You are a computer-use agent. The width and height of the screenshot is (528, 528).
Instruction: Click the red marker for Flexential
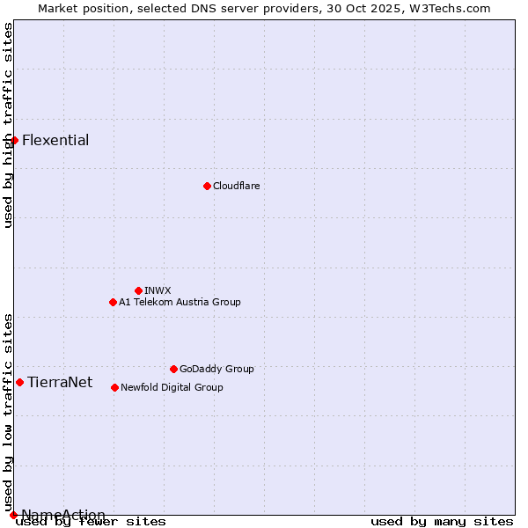14,140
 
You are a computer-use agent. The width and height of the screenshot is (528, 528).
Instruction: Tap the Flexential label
55,141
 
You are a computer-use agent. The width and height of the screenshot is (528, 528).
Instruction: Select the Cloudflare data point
207,186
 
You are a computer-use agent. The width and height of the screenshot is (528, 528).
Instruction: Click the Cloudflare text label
236,186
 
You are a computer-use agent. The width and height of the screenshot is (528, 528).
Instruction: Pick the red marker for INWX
138,290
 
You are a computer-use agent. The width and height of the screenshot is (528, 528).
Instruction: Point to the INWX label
158,290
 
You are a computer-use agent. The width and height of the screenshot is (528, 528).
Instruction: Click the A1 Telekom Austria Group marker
113,302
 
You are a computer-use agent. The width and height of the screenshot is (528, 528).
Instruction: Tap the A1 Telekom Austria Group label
180,302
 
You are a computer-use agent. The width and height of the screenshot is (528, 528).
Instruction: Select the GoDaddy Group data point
173,369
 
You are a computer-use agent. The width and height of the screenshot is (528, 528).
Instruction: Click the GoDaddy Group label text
216,369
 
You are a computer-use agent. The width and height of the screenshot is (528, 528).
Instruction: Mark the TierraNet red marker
19,382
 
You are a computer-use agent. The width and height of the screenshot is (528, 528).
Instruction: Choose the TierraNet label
60,382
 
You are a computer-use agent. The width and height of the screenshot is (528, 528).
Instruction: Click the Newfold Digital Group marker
114,387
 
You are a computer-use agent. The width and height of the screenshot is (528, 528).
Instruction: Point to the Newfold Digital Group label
172,387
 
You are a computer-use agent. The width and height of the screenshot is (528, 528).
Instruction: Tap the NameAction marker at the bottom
13,515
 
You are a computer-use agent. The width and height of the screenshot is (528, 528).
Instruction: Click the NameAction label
63,515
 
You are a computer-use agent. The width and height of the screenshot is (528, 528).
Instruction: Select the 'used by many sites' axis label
442,522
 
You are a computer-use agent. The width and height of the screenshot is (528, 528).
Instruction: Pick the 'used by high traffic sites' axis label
8,125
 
